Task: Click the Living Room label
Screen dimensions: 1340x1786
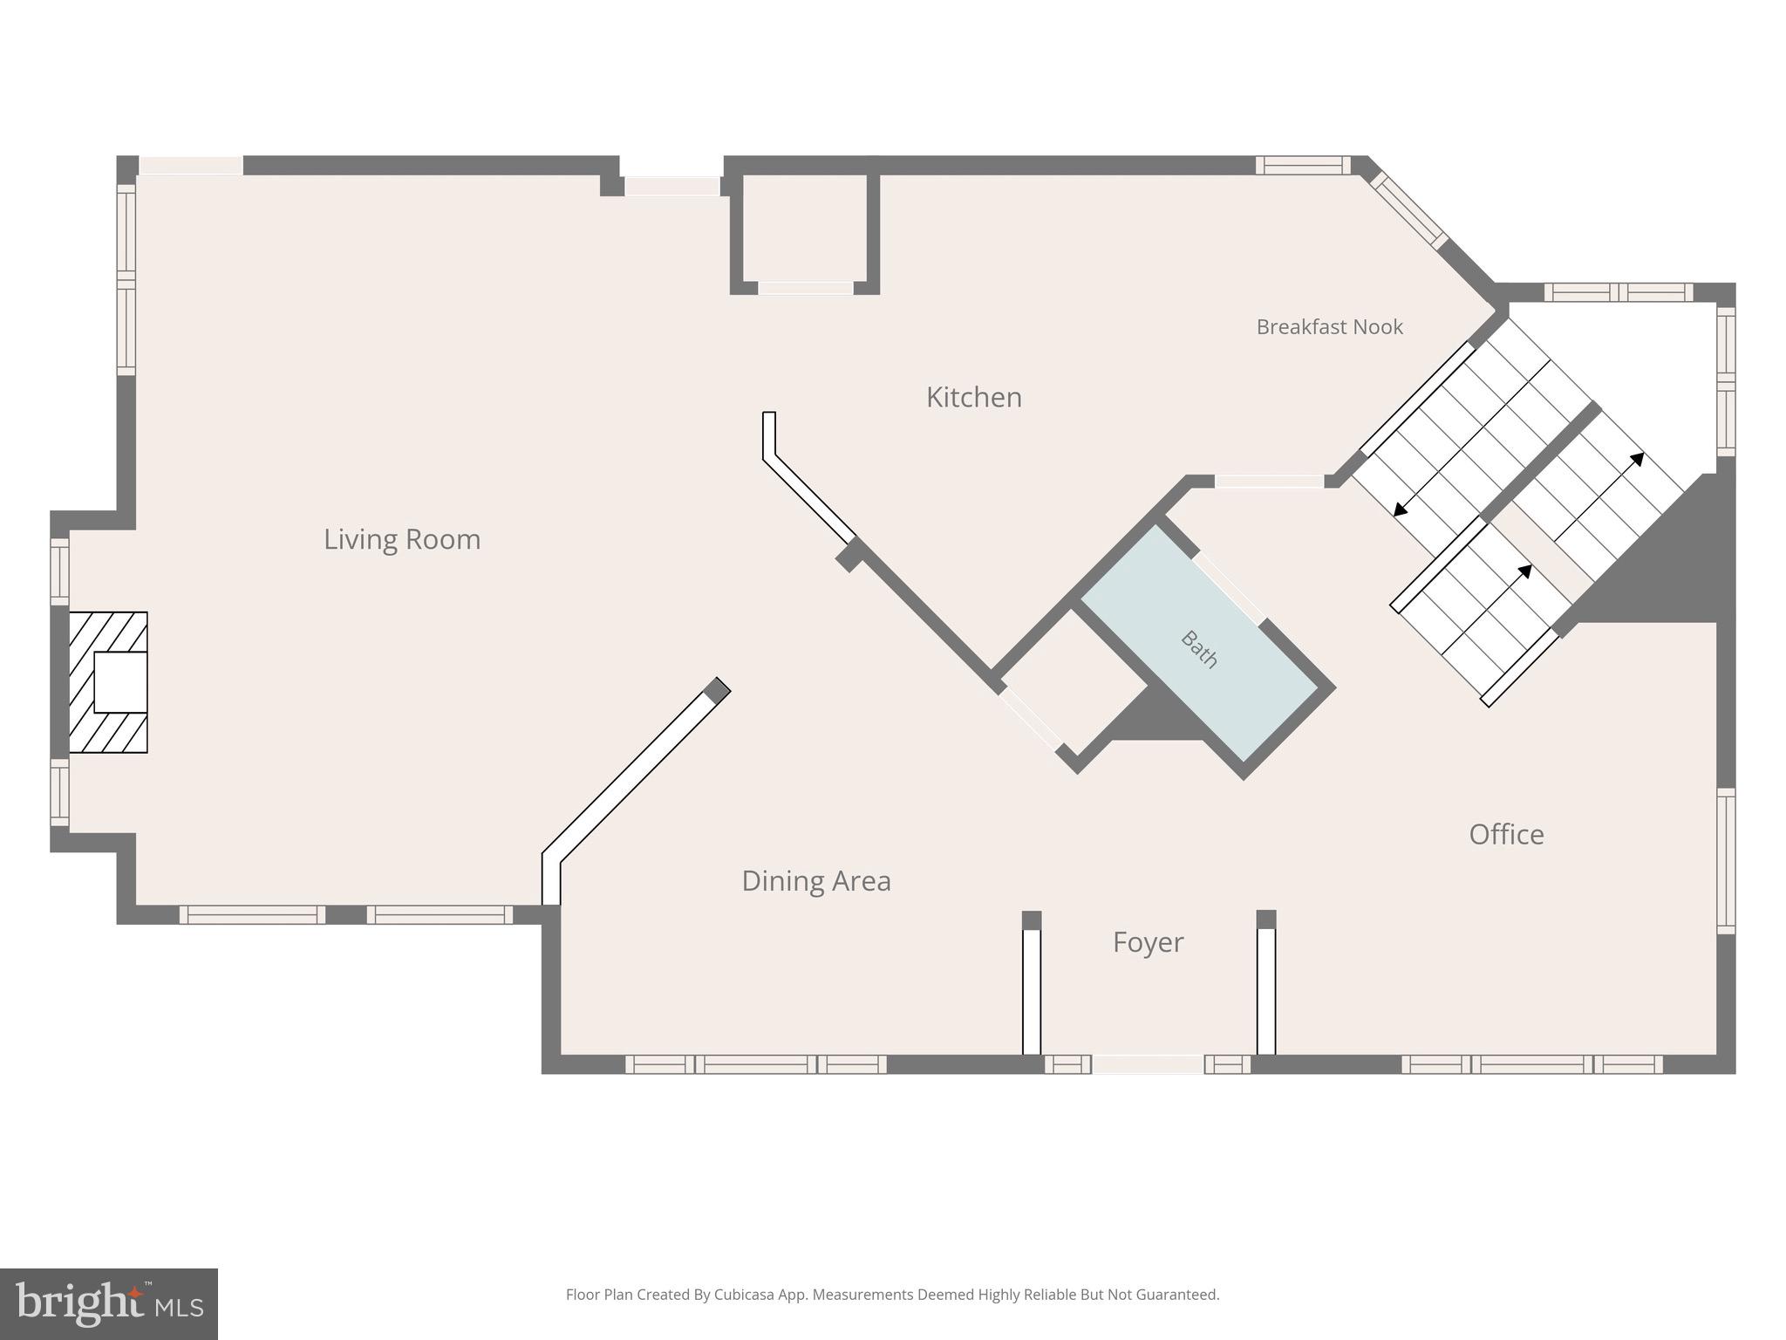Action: point(402,539)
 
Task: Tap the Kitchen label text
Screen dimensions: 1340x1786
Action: point(973,398)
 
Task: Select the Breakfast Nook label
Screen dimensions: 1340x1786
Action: point(1329,327)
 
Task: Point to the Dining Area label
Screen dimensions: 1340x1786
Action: point(816,881)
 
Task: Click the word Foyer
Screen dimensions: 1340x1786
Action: point(1148,942)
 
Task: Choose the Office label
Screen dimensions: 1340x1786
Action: point(1506,835)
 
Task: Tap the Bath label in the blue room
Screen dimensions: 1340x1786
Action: point(1199,649)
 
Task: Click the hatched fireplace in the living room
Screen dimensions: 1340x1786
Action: point(108,682)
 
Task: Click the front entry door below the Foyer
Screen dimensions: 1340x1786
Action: point(1148,1064)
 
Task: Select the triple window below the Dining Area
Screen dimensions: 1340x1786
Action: point(755,1064)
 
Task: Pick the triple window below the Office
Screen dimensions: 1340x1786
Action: point(1531,1064)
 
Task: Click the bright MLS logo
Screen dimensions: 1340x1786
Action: point(109,1304)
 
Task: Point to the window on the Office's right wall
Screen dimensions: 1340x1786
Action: point(1726,861)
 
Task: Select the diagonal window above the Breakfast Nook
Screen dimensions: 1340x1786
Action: point(1409,210)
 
